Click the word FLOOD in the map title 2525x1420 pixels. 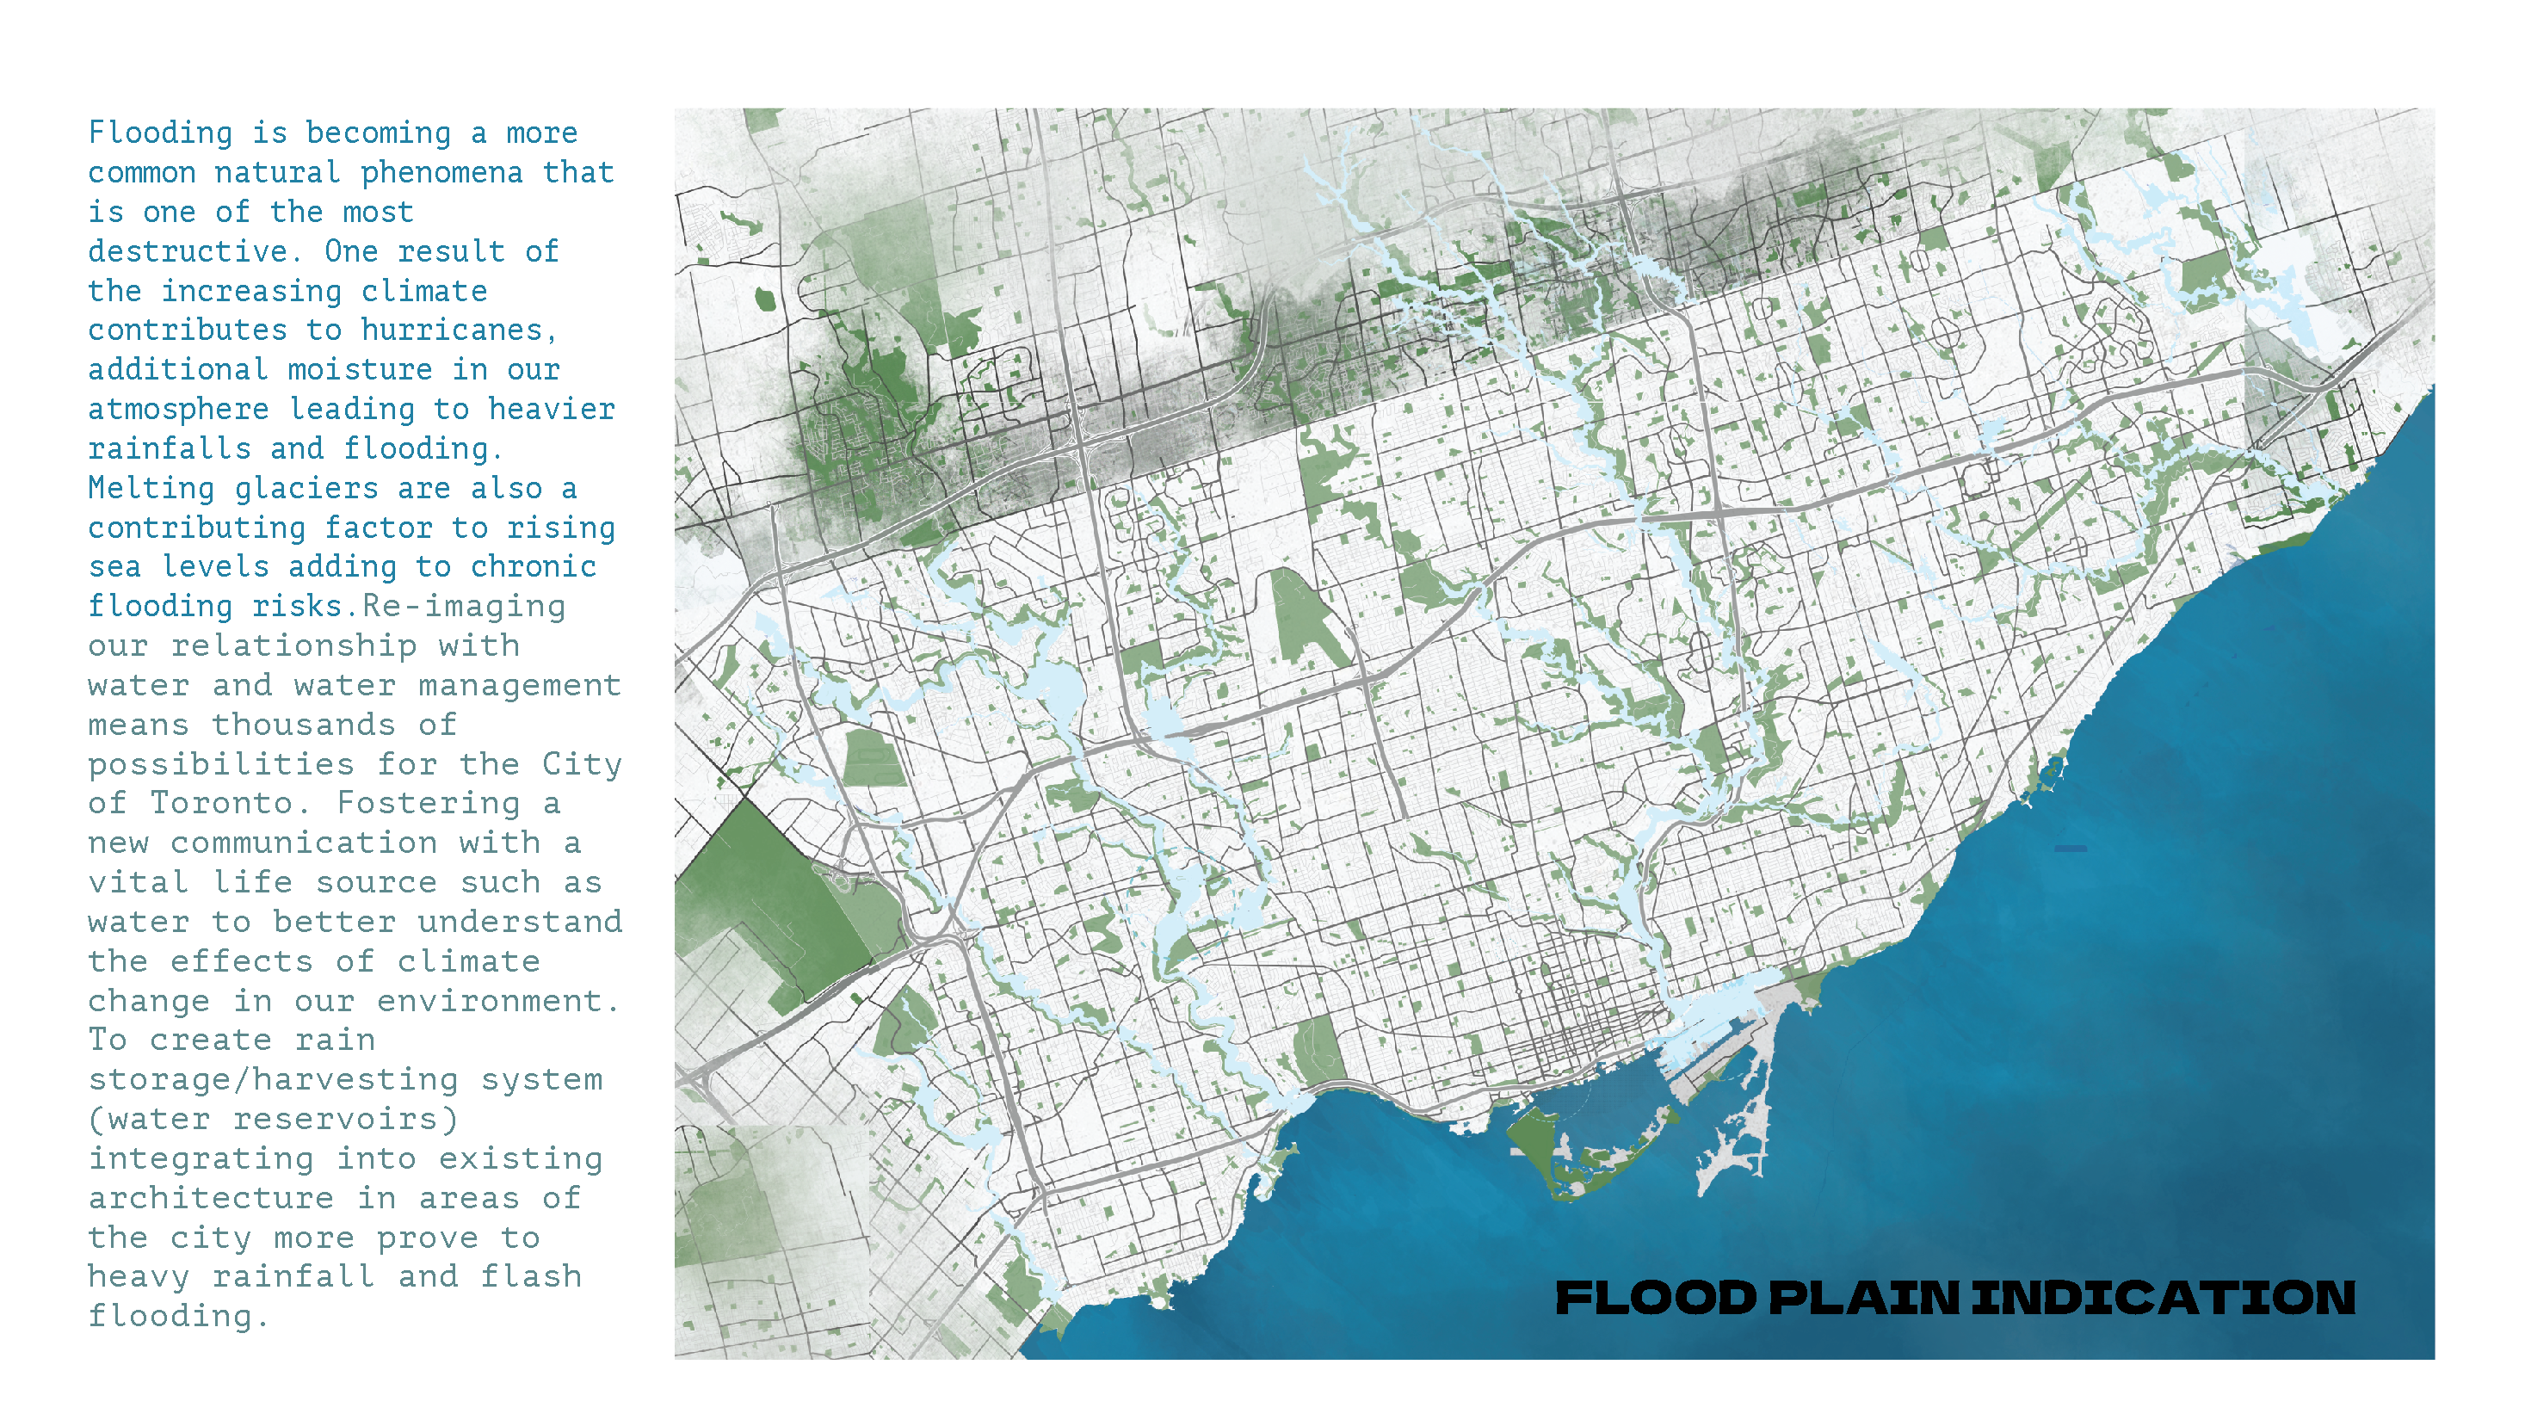click(1656, 1299)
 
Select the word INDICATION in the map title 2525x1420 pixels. click(2164, 1299)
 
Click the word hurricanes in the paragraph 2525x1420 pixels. click(452, 330)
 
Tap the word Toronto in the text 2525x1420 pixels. click(221, 804)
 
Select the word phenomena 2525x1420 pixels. click(442, 172)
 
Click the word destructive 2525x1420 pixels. click(189, 252)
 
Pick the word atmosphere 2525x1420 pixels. click(178, 410)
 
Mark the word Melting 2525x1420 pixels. click(151, 488)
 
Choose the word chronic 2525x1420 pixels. click(534, 567)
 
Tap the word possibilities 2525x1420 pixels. click(221, 764)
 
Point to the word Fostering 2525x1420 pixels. click(429, 804)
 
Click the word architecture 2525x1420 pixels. click(211, 1199)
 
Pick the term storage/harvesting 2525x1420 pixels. click(273, 1080)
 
